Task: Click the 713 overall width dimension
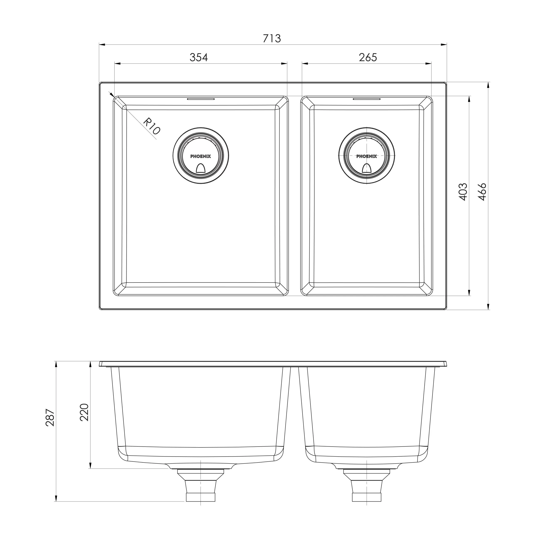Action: tap(272, 38)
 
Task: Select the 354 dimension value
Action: tap(199, 57)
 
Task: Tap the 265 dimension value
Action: tap(368, 57)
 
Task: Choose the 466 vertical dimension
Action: tap(482, 192)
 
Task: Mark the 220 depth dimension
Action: tap(84, 412)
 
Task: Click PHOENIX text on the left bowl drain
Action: tap(200, 156)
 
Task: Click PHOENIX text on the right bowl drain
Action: tap(366, 156)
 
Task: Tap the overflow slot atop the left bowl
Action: tap(200, 98)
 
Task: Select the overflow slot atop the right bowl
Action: tap(367, 98)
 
